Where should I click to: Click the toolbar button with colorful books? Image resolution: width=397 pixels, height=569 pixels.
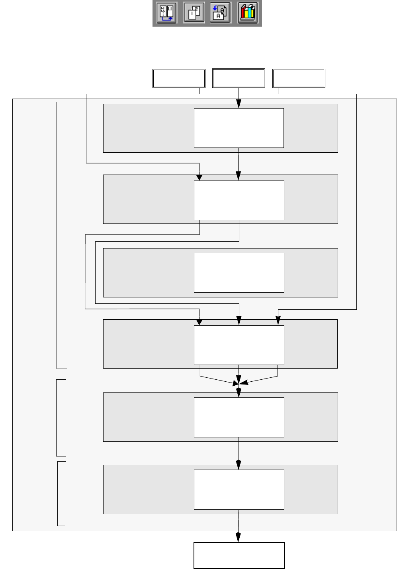[248, 13]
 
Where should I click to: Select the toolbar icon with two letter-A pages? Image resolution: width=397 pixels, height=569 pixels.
[220, 13]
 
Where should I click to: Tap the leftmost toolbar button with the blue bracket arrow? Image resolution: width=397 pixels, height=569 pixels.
[166, 13]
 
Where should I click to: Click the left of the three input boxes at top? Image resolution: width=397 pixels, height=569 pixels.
[179, 78]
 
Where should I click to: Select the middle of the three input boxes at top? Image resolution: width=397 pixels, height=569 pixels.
[239, 78]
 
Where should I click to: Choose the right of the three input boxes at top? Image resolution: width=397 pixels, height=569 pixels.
[299, 78]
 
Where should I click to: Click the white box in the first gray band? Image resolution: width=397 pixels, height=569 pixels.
[239, 128]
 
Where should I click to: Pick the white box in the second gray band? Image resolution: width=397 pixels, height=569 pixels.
[239, 200]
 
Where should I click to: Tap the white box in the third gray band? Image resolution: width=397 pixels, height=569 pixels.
[239, 273]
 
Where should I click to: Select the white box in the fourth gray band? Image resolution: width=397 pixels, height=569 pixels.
[239, 345]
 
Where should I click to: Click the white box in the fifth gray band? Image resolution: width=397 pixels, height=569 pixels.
[239, 417]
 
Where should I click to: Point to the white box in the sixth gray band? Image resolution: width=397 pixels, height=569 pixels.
[239, 489]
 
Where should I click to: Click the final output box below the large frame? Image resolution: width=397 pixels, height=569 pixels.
[239, 555]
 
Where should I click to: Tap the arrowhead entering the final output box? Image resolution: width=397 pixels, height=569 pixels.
[239, 537]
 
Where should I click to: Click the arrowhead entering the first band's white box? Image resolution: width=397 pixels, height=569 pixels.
[239, 104]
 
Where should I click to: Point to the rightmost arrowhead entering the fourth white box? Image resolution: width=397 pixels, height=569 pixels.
[278, 320]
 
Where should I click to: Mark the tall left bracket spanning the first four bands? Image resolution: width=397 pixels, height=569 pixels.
[57, 235]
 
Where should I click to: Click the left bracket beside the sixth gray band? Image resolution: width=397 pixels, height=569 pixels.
[58, 493]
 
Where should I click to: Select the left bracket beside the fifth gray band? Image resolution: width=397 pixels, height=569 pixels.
[57, 418]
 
